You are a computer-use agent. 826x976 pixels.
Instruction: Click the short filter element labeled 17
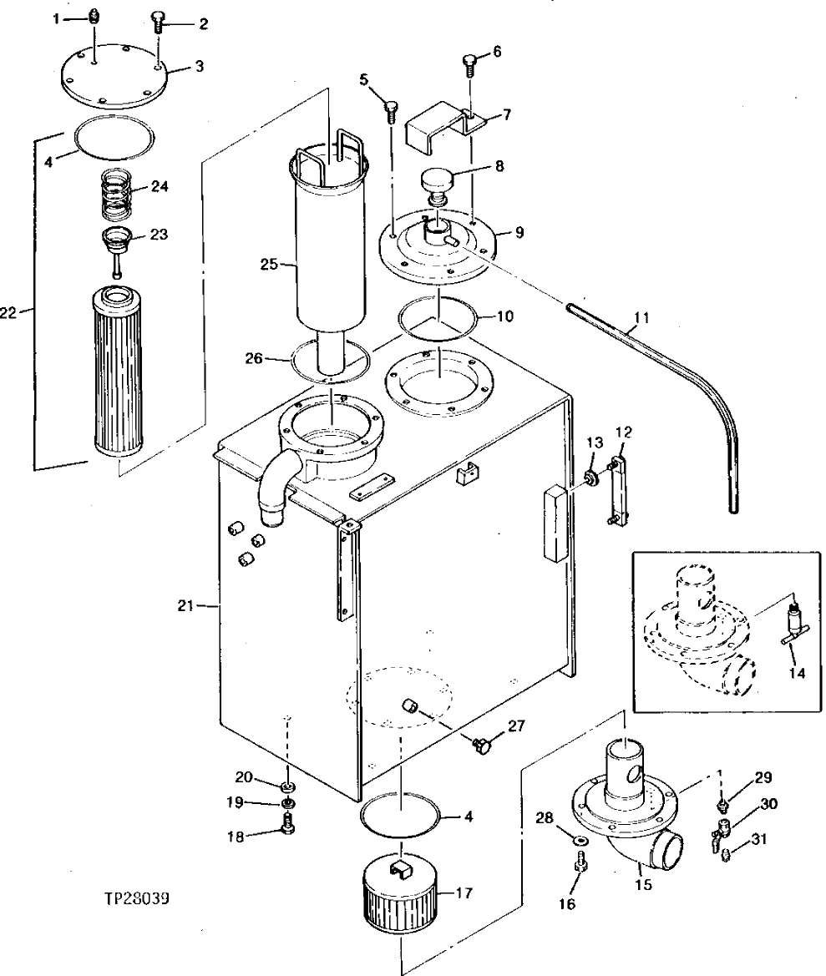[x=399, y=906]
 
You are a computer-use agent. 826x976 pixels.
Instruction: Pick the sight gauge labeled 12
[x=617, y=493]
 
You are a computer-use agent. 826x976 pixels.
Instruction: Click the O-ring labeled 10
[x=438, y=318]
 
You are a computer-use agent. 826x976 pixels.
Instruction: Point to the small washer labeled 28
[x=578, y=836]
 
